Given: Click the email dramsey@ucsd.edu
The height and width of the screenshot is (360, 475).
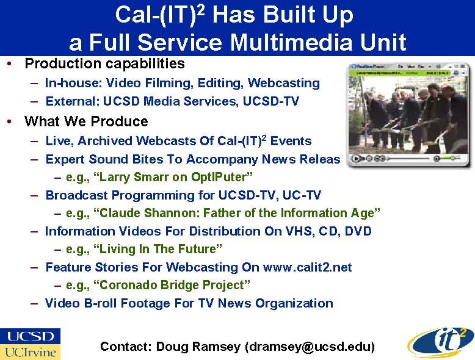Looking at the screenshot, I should tap(310, 347).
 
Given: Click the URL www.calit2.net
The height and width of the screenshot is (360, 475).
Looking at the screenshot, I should tap(307, 267).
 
